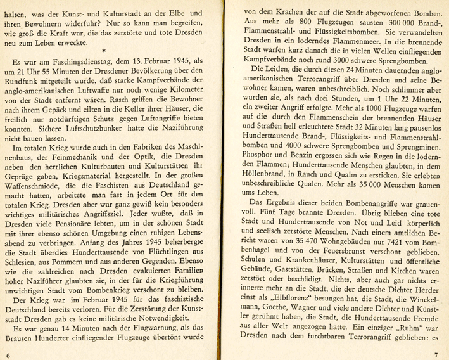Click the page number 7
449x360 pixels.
(x=436, y=356)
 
